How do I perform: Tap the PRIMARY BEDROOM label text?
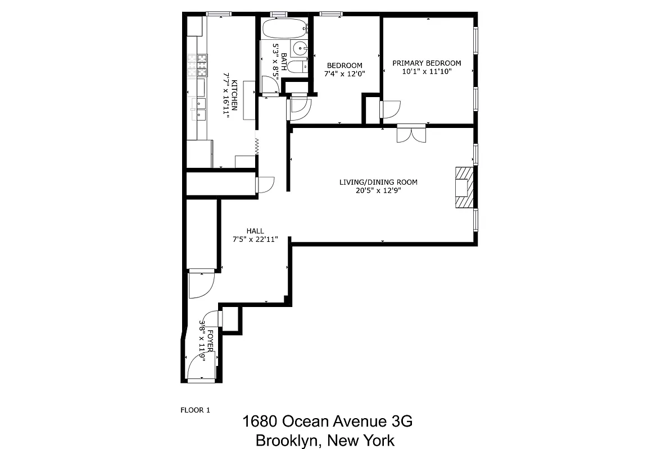click(427, 63)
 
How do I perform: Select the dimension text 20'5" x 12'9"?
click(378, 190)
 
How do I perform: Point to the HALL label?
click(255, 231)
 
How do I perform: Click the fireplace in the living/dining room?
click(464, 189)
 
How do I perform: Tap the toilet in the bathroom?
click(300, 66)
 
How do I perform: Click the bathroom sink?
click(301, 47)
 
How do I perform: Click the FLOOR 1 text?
click(195, 410)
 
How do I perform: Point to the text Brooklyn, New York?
click(324, 440)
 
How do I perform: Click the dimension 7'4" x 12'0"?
click(345, 74)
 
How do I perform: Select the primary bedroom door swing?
click(390, 109)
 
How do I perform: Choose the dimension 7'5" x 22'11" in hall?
click(255, 239)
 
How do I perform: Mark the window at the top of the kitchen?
click(219, 13)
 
